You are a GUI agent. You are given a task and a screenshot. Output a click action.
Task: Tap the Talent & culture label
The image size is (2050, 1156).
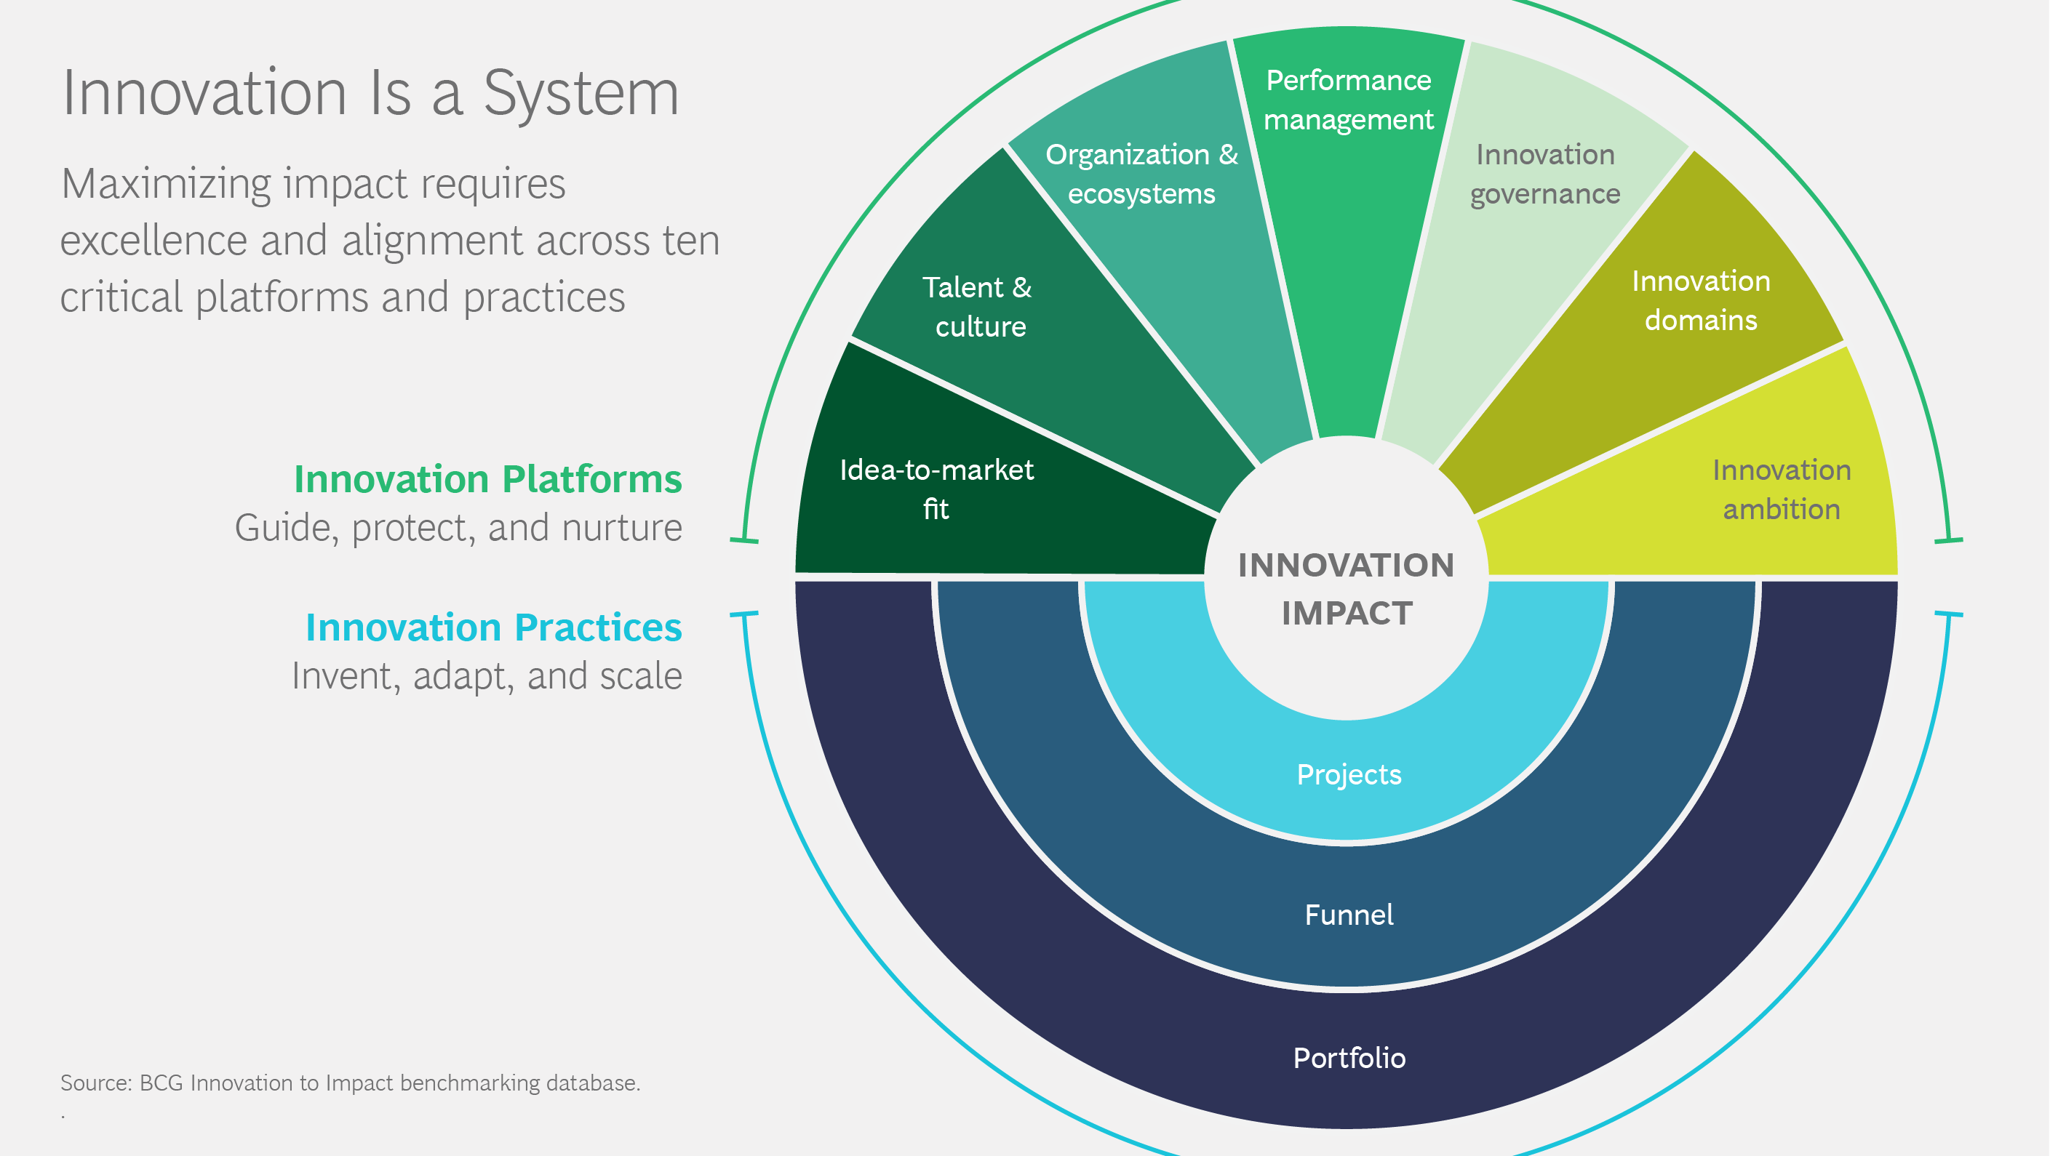pyautogui.click(x=978, y=306)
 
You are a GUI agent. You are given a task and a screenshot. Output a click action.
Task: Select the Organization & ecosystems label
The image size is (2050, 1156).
pyautogui.click(x=1141, y=174)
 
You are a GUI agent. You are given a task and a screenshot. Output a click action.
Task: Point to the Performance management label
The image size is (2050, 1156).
pyautogui.click(x=1348, y=100)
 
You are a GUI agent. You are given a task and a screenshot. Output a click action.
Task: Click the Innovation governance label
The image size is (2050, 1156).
pyautogui.click(x=1544, y=174)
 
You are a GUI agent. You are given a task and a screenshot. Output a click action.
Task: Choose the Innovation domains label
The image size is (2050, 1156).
pyautogui.click(x=1701, y=300)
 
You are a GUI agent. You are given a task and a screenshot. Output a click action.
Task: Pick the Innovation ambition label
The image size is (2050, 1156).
pyautogui.click(x=1781, y=489)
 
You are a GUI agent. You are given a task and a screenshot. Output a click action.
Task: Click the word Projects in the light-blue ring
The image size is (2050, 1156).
pyautogui.click(x=1349, y=774)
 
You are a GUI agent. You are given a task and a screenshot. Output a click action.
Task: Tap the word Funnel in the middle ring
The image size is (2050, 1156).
pyautogui.click(x=1349, y=914)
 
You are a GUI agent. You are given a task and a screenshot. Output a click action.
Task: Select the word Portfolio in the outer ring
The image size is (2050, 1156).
pyautogui.click(x=1349, y=1057)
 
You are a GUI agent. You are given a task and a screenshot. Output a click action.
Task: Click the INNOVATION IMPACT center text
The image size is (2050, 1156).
pyautogui.click(x=1347, y=589)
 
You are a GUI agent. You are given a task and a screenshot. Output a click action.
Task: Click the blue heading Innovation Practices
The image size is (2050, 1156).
pyautogui.click(x=493, y=627)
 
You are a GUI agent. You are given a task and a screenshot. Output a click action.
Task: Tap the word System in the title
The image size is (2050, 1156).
pyautogui.click(x=581, y=93)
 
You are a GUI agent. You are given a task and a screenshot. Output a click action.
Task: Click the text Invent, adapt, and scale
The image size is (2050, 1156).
pyautogui.click(x=486, y=675)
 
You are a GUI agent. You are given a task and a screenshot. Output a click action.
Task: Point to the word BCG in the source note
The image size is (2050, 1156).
pyautogui.click(x=161, y=1083)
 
